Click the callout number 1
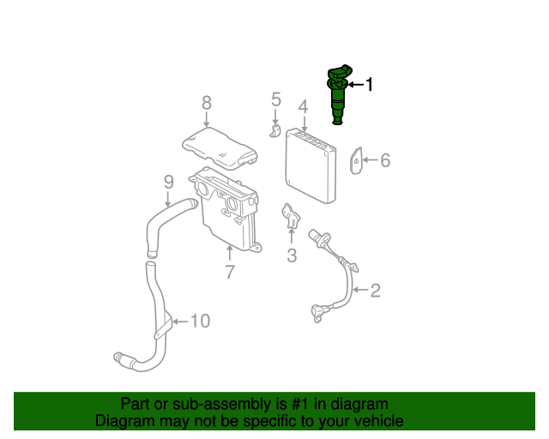click(x=370, y=85)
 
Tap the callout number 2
click(x=375, y=291)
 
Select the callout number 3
click(x=292, y=255)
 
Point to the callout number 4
click(x=303, y=107)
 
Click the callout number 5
click(x=275, y=99)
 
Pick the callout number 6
click(x=385, y=159)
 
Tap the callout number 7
click(x=230, y=273)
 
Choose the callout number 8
click(x=207, y=103)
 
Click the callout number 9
click(x=169, y=181)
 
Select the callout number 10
click(x=199, y=321)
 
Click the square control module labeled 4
click(x=311, y=165)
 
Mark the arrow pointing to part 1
click(x=354, y=85)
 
